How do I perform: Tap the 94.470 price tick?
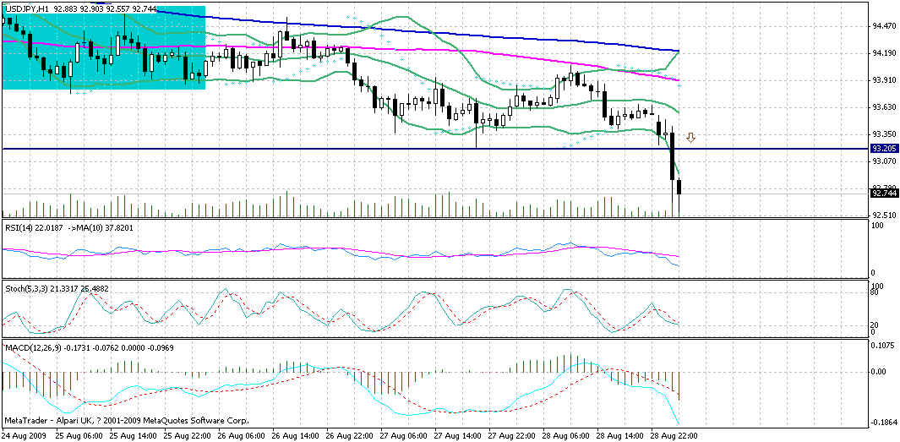pyautogui.click(x=884, y=26)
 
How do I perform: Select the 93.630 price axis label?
pyautogui.click(x=884, y=107)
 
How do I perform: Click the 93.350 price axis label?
pyautogui.click(x=884, y=134)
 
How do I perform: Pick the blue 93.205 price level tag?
pyautogui.click(x=884, y=148)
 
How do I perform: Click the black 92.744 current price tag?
pyautogui.click(x=884, y=193)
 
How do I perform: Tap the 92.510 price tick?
pyautogui.click(x=884, y=215)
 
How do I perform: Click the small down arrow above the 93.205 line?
pyautogui.click(x=690, y=137)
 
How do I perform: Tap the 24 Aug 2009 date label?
pyautogui.click(x=25, y=434)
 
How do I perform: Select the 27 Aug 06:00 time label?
pyautogui.click(x=403, y=434)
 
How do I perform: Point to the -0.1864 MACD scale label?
pyautogui.click(x=884, y=422)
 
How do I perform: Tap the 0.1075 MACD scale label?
pyautogui.click(x=884, y=346)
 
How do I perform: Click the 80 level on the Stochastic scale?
pyautogui.click(x=877, y=294)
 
